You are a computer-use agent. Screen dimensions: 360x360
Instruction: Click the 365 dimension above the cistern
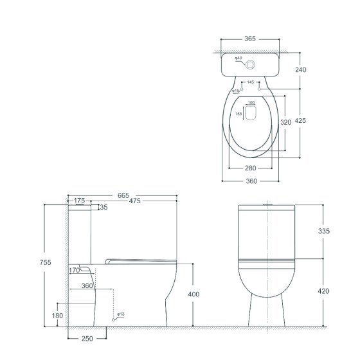tap(250, 39)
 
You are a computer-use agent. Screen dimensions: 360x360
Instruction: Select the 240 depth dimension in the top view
tap(301, 69)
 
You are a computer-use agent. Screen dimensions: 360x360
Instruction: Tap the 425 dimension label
tap(300, 121)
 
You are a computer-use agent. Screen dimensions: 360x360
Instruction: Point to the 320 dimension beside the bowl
tap(286, 122)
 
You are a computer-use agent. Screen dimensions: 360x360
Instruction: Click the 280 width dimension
tap(250, 168)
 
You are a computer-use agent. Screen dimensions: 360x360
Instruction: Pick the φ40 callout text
tap(239, 58)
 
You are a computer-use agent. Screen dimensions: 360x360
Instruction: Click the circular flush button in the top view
tap(250, 65)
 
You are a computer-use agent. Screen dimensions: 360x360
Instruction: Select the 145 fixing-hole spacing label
tap(251, 82)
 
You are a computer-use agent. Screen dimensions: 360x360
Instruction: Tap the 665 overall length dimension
tap(123, 195)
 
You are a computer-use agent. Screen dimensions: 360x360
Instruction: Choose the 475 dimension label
tap(134, 201)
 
